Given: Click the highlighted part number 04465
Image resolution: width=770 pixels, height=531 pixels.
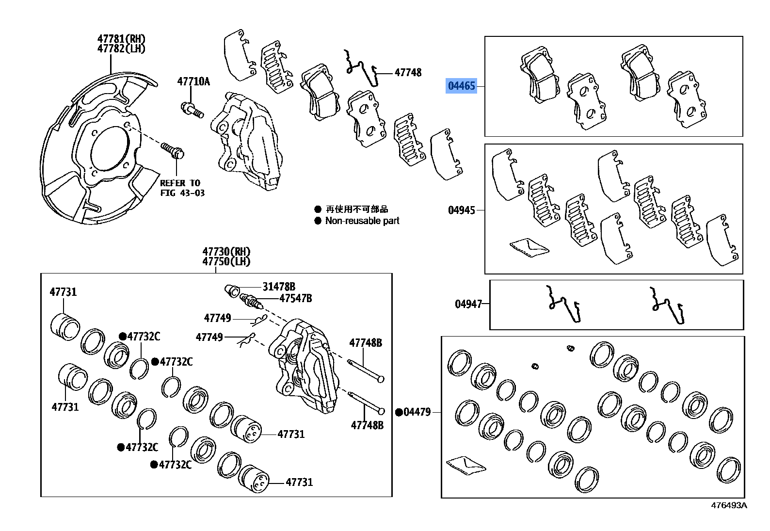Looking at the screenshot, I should coord(461,86).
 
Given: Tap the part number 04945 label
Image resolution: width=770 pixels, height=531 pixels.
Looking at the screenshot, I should coord(461,210).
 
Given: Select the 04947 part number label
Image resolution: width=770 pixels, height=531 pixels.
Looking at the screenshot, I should coord(468,304).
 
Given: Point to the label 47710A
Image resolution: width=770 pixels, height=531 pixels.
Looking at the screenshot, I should coord(193,81).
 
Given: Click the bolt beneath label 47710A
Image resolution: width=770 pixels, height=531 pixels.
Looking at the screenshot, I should coord(192,110).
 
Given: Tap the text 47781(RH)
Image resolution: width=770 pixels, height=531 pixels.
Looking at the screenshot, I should coord(121,39).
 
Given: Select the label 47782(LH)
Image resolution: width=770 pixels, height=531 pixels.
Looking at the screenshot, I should coord(121,48).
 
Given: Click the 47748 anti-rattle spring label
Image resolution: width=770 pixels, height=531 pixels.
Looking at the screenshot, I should coord(408,73).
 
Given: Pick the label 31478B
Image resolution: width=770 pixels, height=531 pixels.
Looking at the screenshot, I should coord(279,287).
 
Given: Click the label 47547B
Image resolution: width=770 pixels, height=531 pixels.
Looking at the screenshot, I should coord(295,298).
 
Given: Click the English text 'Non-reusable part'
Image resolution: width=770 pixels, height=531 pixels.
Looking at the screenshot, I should coord(362,221).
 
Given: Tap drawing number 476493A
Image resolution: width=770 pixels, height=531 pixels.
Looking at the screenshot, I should coord(729,505).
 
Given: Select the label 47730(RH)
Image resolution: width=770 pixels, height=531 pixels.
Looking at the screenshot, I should coord(226,252).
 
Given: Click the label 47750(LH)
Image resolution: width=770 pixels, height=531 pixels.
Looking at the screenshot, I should coord(226,261).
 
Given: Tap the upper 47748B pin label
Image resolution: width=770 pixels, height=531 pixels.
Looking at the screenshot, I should coord(366,343).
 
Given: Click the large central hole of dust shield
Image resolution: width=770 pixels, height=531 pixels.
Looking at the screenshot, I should coord(109,148).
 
